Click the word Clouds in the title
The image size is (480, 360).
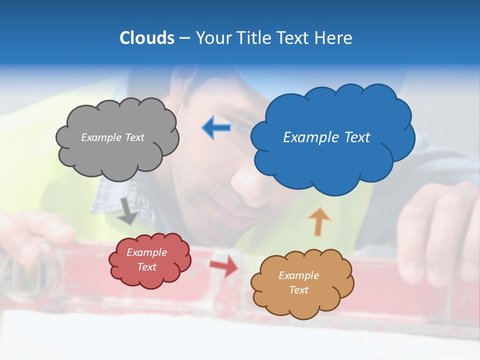(x=147, y=38)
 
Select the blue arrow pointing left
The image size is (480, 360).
(x=216, y=127)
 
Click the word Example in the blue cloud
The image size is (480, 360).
(x=310, y=137)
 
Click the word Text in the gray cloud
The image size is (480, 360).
(x=133, y=137)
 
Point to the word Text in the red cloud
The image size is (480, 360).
(x=147, y=267)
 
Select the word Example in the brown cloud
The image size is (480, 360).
(x=298, y=275)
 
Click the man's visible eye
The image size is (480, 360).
(x=243, y=127)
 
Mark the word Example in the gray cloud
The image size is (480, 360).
(x=100, y=137)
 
